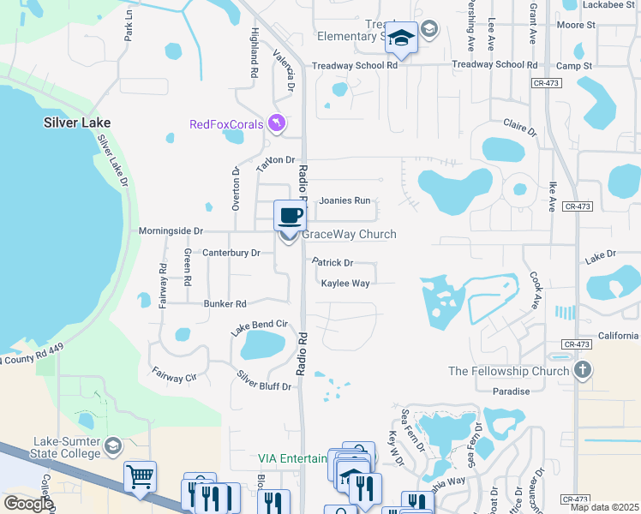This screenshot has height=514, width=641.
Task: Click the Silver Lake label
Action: click(x=77, y=123)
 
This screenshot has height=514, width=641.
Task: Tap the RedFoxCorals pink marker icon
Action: click(x=276, y=124)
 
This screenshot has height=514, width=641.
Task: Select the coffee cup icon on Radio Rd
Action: click(x=290, y=214)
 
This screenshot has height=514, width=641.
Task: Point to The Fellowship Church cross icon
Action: click(x=583, y=370)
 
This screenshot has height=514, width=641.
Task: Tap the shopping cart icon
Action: click(x=140, y=476)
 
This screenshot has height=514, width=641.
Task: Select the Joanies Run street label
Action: click(x=344, y=200)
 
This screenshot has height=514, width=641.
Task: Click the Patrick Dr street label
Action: click(x=332, y=263)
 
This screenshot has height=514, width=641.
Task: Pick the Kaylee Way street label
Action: click(x=345, y=283)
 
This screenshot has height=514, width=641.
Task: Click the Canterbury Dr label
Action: click(x=231, y=253)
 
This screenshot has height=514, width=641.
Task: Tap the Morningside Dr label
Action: click(x=171, y=231)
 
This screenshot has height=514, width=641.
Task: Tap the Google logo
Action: click(x=27, y=504)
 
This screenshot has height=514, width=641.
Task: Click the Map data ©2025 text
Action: click(x=607, y=507)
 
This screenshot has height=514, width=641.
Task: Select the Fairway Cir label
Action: click(x=174, y=374)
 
